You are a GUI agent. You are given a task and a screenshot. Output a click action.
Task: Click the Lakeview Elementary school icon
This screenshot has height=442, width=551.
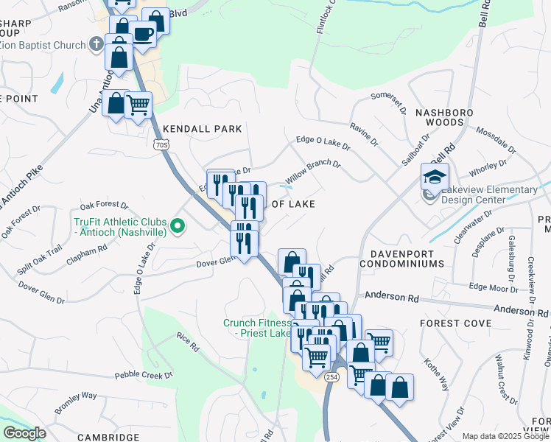point(435,176)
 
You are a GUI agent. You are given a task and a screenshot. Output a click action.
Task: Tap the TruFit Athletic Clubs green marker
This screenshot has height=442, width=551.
point(176,226)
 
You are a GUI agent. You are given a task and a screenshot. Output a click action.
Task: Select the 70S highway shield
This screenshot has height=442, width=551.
point(162,145)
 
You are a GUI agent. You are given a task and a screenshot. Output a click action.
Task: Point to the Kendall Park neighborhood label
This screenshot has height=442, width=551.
point(203,128)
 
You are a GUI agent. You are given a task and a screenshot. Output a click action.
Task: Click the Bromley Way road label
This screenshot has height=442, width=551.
point(76,402)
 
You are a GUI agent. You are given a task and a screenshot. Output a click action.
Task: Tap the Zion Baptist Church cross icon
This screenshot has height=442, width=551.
point(96,45)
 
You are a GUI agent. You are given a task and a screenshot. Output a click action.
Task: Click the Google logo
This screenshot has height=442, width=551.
point(24,433)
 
